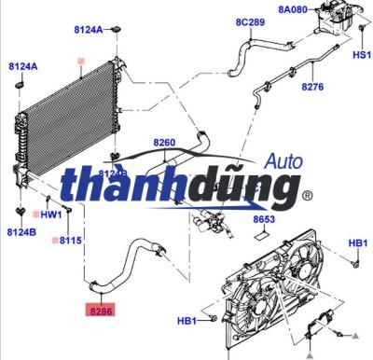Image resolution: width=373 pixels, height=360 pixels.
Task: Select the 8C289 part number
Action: (250, 21)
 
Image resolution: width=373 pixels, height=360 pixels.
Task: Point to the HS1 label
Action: (360, 55)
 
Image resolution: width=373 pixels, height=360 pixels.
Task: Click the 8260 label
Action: (164, 143)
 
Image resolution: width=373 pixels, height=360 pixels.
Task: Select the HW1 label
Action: (52, 214)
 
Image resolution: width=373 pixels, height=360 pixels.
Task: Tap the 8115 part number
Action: (72, 240)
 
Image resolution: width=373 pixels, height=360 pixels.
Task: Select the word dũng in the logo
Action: (246, 191)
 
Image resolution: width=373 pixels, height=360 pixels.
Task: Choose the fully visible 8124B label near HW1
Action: (21, 231)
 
